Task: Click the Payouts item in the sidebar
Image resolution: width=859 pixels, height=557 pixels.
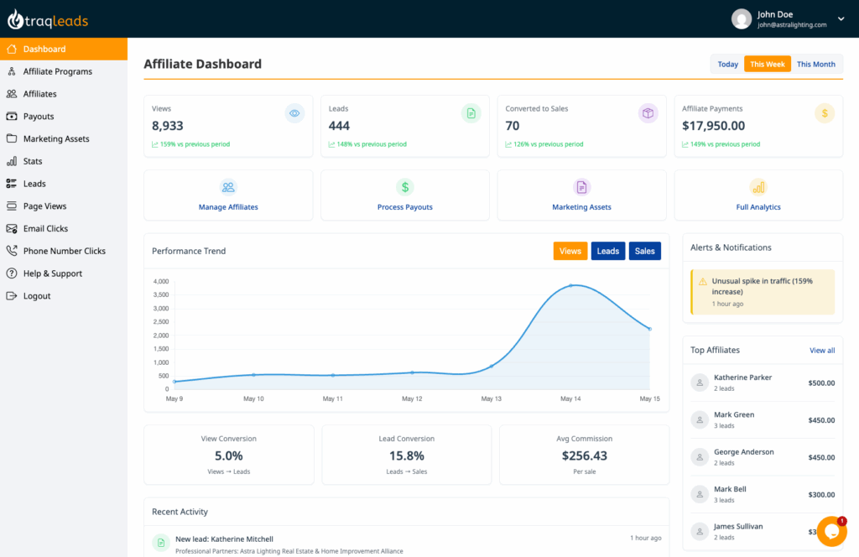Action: [x=39, y=117]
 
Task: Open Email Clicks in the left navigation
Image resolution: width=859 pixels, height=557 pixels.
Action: [x=45, y=228]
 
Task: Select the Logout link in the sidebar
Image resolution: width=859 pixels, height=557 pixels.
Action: [x=37, y=296]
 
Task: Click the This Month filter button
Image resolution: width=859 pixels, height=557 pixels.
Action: [x=815, y=64]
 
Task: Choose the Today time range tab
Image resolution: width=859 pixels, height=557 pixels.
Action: [x=727, y=64]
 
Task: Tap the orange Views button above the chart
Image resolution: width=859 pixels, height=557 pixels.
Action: [x=570, y=251]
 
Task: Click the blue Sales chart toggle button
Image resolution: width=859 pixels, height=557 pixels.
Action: [x=644, y=251]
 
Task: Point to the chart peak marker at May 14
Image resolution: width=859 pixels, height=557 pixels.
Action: [x=570, y=285]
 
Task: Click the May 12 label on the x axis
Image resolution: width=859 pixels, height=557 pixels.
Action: [x=412, y=398]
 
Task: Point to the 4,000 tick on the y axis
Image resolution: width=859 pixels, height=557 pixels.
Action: [x=159, y=282]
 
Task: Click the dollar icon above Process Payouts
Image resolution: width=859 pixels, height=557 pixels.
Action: [x=405, y=187]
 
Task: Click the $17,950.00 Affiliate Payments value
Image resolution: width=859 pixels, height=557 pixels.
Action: [x=713, y=126]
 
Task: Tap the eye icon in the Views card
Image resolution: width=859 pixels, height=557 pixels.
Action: [x=294, y=113]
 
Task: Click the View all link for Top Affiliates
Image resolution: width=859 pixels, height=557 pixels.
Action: [x=821, y=351]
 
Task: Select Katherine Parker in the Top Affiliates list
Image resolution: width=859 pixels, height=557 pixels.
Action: [x=742, y=377]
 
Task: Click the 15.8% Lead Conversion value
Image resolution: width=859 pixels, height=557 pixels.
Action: [x=406, y=455]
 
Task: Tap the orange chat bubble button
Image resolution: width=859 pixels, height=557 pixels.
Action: [x=830, y=531]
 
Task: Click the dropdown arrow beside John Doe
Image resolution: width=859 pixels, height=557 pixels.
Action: [x=841, y=18]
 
